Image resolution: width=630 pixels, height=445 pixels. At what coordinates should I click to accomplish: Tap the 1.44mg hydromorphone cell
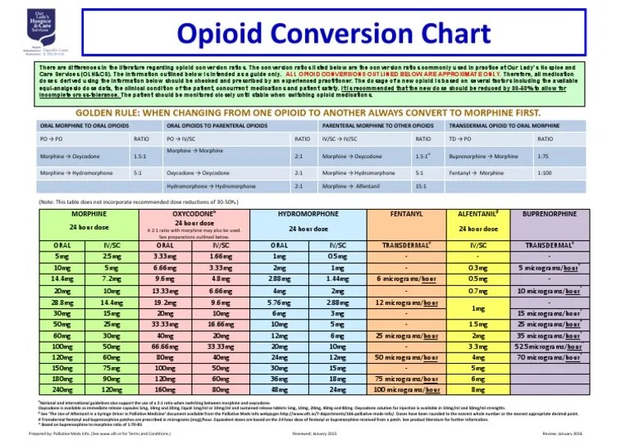(337, 279)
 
